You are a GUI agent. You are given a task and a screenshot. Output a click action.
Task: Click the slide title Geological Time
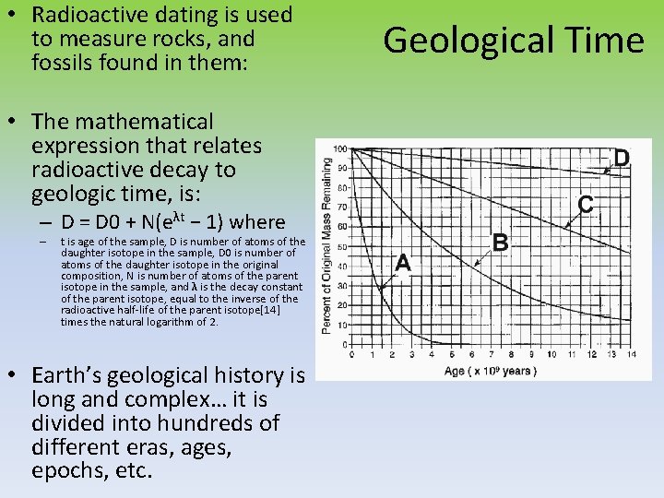(514, 41)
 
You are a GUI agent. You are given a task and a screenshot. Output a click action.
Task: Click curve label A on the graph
(402, 262)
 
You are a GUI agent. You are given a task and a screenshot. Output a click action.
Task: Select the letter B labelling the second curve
(501, 243)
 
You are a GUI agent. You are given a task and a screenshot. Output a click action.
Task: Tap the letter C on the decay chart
(585, 202)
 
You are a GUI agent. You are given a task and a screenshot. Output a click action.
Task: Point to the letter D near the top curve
(622, 159)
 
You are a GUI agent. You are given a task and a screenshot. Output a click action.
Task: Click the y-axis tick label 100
(340, 149)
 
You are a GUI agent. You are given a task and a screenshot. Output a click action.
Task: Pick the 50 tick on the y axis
(342, 247)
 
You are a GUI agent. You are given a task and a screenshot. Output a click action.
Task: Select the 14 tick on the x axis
(631, 354)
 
